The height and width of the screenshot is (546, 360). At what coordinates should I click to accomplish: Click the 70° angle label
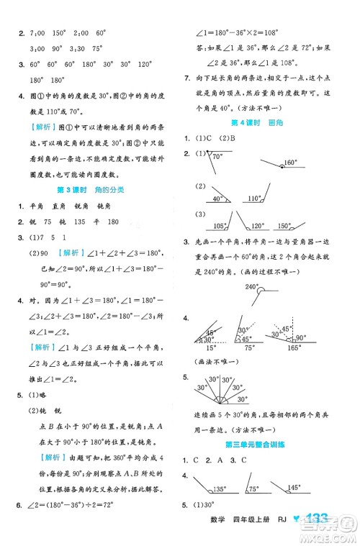click(x=218, y=156)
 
